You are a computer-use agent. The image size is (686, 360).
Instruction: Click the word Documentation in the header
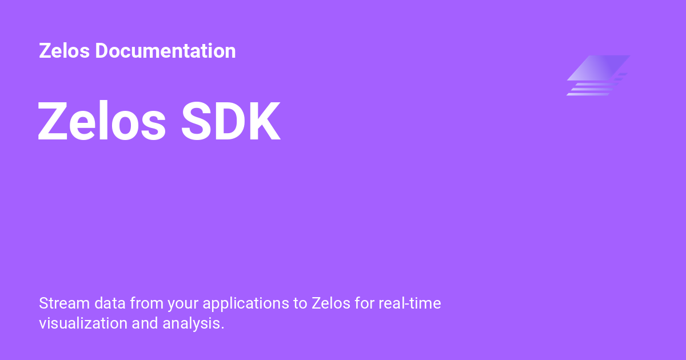click(x=165, y=51)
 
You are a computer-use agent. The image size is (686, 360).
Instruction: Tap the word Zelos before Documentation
click(x=65, y=51)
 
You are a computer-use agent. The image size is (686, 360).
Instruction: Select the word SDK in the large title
click(x=231, y=123)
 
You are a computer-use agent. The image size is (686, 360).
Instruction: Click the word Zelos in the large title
click(x=102, y=123)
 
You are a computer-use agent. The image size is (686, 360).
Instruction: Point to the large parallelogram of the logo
click(x=598, y=67)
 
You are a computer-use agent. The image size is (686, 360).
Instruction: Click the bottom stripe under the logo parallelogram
click(x=589, y=94)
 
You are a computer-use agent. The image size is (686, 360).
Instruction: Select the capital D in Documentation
click(x=102, y=51)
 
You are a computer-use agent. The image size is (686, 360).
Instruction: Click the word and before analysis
click(x=145, y=323)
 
